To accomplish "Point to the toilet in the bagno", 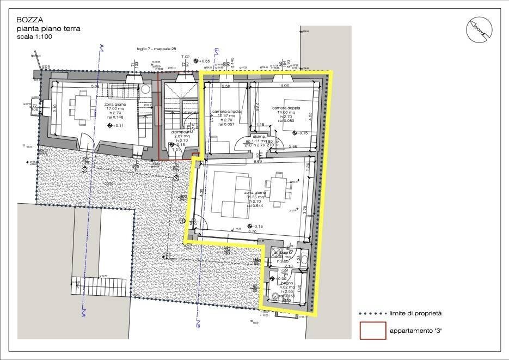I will pyautogui.click(x=275, y=297).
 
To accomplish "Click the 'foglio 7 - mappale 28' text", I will pyautogui.click(x=157, y=49).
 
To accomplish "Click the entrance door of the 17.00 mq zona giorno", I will pyautogui.click(x=87, y=141).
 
